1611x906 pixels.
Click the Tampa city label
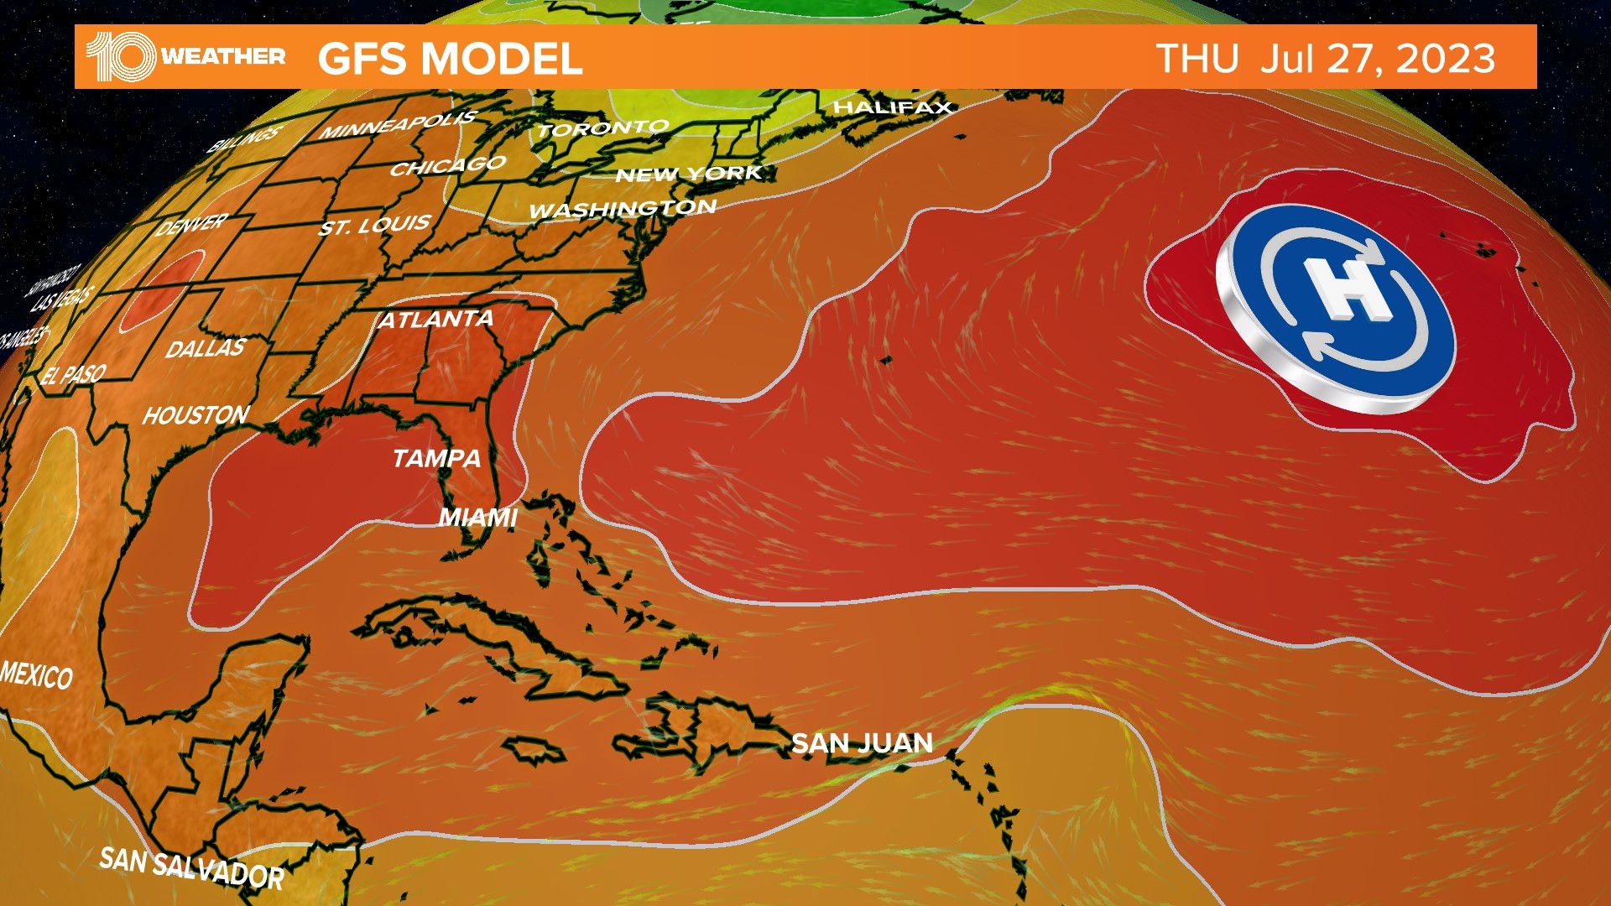pyautogui.click(x=436, y=458)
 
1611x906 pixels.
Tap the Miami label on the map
pyautogui.click(x=478, y=518)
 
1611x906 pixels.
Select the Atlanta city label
pyautogui.click(x=436, y=320)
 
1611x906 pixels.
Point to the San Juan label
pyautogui.click(x=862, y=743)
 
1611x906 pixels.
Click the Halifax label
pyautogui.click(x=893, y=107)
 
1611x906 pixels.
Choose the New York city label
pyautogui.click(x=688, y=174)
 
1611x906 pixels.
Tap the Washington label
pyautogui.click(x=623, y=208)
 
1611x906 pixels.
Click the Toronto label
pyautogui.click(x=603, y=128)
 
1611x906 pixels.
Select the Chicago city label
pyautogui.click(x=448, y=165)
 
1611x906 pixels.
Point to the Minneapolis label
pyautogui.click(x=398, y=125)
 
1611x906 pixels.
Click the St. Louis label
pyautogui.click(x=375, y=225)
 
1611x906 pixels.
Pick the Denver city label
pyautogui.click(x=192, y=225)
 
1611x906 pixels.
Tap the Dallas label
pyautogui.click(x=206, y=348)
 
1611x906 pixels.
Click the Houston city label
pyautogui.click(x=196, y=415)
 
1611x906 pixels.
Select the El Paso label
pyautogui.click(x=74, y=374)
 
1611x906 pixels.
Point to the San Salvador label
pyautogui.click(x=191, y=867)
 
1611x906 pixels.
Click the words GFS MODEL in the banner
pyautogui.click(x=450, y=59)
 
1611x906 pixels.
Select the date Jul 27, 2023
pyautogui.click(x=1377, y=59)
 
